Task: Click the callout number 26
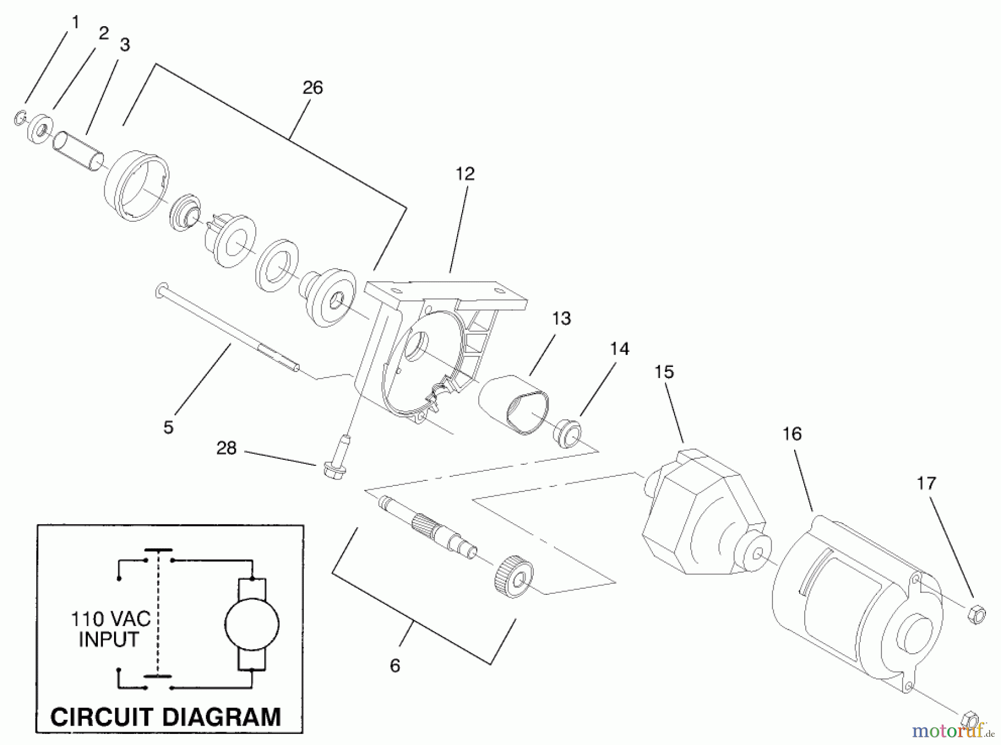pyautogui.click(x=313, y=87)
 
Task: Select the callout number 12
pyautogui.click(x=465, y=173)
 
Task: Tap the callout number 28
pyautogui.click(x=226, y=448)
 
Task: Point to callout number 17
pyautogui.click(x=926, y=483)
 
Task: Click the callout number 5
pyautogui.click(x=169, y=427)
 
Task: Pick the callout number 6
pyautogui.click(x=395, y=665)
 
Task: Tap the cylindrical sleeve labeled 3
pyautogui.click(x=78, y=151)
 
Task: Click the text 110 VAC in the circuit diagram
pyautogui.click(x=111, y=618)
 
